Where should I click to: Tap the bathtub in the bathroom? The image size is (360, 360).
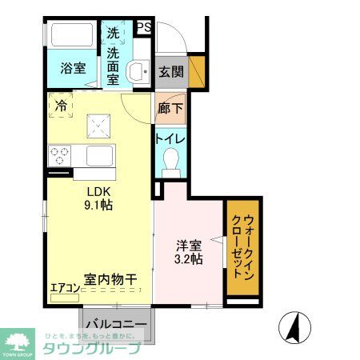coord(73,37)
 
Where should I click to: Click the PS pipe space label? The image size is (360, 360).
coord(144,27)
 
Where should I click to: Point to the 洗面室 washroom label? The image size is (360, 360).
coord(114,67)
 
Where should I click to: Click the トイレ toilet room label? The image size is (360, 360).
coord(170,139)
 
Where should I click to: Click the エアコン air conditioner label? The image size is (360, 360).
coord(65,288)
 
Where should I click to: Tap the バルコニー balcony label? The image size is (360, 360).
coord(115,325)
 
